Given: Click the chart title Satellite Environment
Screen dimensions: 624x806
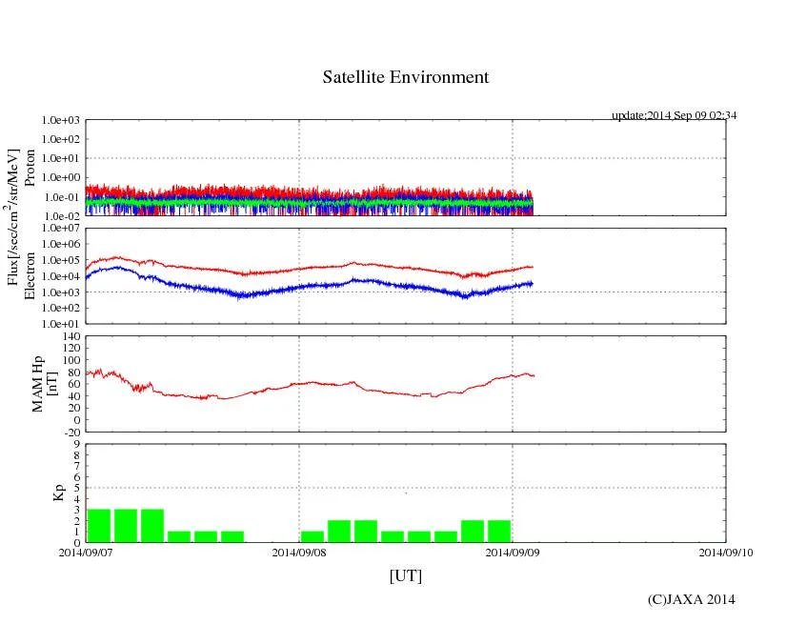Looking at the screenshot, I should point(405,77).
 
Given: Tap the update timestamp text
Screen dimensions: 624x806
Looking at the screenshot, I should point(674,115).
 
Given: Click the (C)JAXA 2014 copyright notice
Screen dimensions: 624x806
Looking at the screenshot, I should point(691,599).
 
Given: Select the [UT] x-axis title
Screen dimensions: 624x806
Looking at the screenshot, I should point(405,575).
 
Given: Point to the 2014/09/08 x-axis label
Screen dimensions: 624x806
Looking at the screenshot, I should point(299,552).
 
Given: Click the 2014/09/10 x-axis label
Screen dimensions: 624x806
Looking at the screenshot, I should point(726,552).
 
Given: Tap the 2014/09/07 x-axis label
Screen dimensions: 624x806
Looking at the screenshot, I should point(86,552).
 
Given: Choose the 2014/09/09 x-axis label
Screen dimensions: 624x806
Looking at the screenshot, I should point(513,552).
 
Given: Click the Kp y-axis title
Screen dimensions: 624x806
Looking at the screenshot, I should point(58,493).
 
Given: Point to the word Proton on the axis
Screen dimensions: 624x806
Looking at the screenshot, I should point(30,168).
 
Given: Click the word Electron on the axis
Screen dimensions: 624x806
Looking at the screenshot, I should point(30,276).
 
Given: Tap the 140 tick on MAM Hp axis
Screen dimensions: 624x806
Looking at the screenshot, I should point(71,336).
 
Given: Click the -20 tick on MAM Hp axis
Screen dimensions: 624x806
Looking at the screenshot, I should point(71,432).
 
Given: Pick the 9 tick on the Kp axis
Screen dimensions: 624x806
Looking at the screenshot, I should point(76,444).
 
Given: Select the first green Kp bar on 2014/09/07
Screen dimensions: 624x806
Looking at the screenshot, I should point(99,525).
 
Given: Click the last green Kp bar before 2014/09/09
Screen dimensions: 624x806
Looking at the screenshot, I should point(499,531).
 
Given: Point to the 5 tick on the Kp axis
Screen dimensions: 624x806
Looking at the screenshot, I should point(76,488).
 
